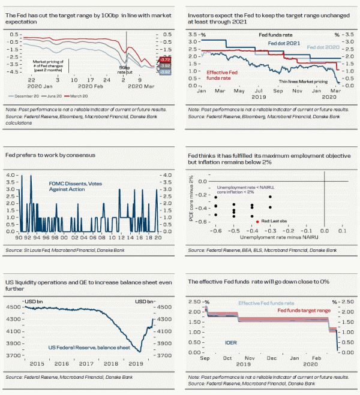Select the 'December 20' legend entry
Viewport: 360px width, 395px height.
(x=28, y=96)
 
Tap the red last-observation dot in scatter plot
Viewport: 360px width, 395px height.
(x=258, y=221)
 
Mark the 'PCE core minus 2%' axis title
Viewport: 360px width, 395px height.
(x=190, y=198)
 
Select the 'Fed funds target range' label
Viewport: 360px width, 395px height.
(x=303, y=310)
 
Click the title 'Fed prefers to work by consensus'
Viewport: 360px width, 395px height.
(x=51, y=155)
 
